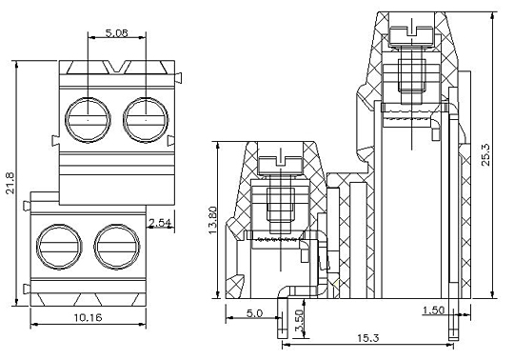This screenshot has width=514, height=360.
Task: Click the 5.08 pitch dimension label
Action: (x=117, y=32)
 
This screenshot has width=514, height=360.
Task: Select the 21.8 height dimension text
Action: (x=10, y=183)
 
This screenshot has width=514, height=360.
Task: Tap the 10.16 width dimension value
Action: (x=88, y=317)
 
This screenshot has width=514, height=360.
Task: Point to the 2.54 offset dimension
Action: (x=160, y=223)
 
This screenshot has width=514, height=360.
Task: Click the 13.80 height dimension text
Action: (x=212, y=220)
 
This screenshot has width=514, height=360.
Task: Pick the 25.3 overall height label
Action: (x=485, y=154)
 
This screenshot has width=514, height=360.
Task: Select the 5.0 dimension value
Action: (x=254, y=313)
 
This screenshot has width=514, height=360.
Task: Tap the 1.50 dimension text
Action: (x=433, y=310)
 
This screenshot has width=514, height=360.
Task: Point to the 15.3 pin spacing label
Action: (x=367, y=338)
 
